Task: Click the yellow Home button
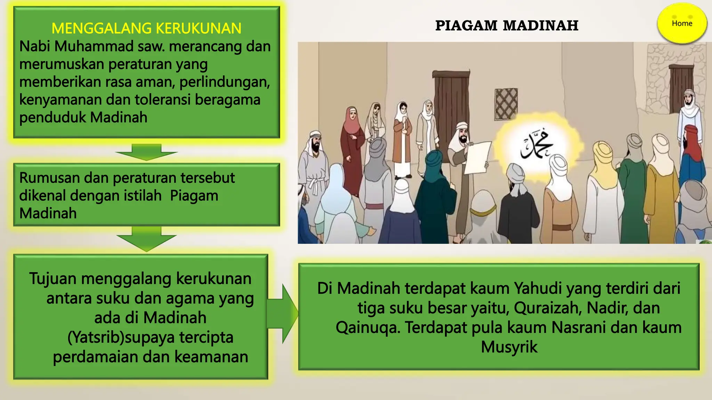point(682,24)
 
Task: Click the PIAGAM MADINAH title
point(507,26)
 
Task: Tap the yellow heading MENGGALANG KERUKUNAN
point(146,28)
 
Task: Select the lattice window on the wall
point(506,103)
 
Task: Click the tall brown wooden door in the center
point(451,104)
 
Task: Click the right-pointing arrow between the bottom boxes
point(283,314)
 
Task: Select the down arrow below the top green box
point(146,152)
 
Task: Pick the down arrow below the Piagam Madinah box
point(146,239)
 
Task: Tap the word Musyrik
point(509,347)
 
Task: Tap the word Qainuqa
point(367,327)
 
